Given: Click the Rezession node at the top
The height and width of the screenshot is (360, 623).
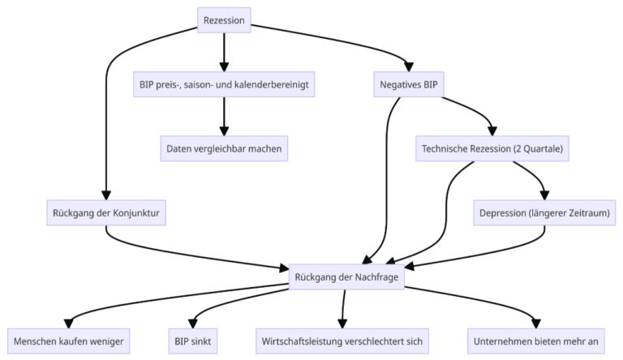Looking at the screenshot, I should [x=224, y=19].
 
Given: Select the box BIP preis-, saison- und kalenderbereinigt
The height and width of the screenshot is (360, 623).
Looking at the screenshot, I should [x=224, y=84].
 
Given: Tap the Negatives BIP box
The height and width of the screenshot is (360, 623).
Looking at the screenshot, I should [x=411, y=84].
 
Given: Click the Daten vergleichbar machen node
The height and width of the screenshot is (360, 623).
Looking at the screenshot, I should [x=224, y=148].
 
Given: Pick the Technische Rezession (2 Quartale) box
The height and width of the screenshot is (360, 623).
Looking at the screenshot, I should [x=492, y=148].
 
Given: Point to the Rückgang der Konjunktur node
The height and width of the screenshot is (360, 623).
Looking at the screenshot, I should [x=106, y=213].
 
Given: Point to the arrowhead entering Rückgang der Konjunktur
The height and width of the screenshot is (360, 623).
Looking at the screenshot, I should [x=106, y=195].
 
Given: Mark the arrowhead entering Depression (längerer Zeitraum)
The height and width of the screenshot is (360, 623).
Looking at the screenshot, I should [x=544, y=195].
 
